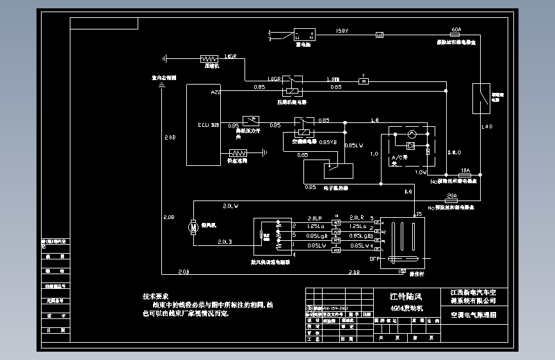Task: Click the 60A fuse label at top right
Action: click(456, 29)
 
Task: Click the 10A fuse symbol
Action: click(465, 175)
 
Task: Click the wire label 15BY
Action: click(342, 31)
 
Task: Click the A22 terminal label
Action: click(216, 92)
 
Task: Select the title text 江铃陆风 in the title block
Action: click(406, 297)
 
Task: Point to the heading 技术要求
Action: click(156, 297)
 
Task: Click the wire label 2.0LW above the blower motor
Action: click(230, 206)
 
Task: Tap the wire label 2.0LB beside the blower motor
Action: click(225, 241)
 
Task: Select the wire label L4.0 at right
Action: click(487, 127)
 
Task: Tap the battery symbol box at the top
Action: click(303, 35)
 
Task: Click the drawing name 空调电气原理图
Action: click(474, 315)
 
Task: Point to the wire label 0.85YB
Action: click(327, 142)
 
